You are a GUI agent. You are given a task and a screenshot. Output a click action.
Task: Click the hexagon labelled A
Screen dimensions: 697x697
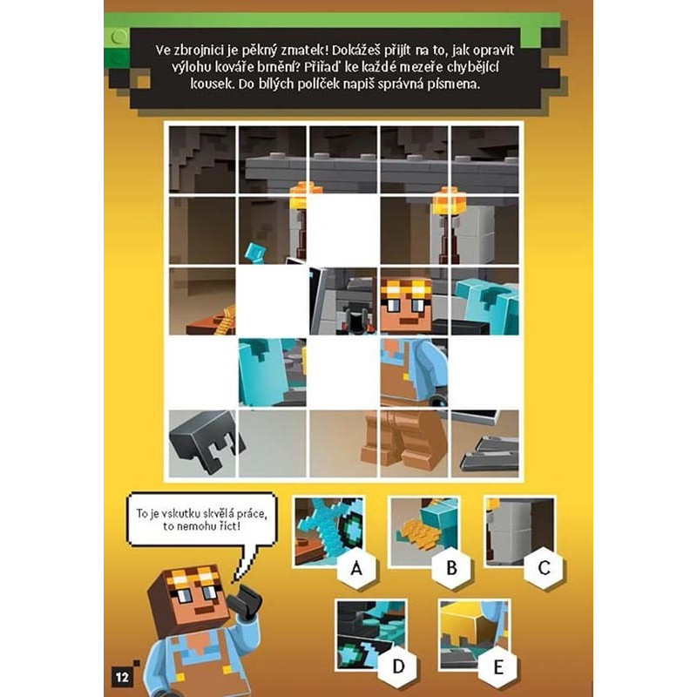[356, 568]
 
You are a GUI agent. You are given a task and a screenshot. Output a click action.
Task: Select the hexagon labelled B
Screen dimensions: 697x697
[451, 568]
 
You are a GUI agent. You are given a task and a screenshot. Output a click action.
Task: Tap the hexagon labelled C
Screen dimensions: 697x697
[544, 568]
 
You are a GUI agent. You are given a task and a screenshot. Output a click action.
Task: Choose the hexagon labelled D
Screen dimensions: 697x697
[398, 666]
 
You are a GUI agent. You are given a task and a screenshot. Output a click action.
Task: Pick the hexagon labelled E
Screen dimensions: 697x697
[497, 667]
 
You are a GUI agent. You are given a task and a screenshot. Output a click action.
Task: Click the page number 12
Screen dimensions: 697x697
[122, 677]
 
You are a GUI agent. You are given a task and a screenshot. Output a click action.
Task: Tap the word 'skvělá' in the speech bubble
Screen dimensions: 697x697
[219, 513]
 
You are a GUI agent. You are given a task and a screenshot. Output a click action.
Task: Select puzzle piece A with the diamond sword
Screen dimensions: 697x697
[328, 531]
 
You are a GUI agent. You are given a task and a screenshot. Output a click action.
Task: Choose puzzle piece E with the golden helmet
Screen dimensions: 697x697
[474, 634]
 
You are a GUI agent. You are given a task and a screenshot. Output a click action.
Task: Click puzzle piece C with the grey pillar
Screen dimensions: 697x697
[519, 531]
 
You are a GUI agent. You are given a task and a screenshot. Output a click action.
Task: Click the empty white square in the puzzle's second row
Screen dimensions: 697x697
[343, 230]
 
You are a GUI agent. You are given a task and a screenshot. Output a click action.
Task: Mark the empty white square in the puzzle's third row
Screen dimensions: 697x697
[272, 301]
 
